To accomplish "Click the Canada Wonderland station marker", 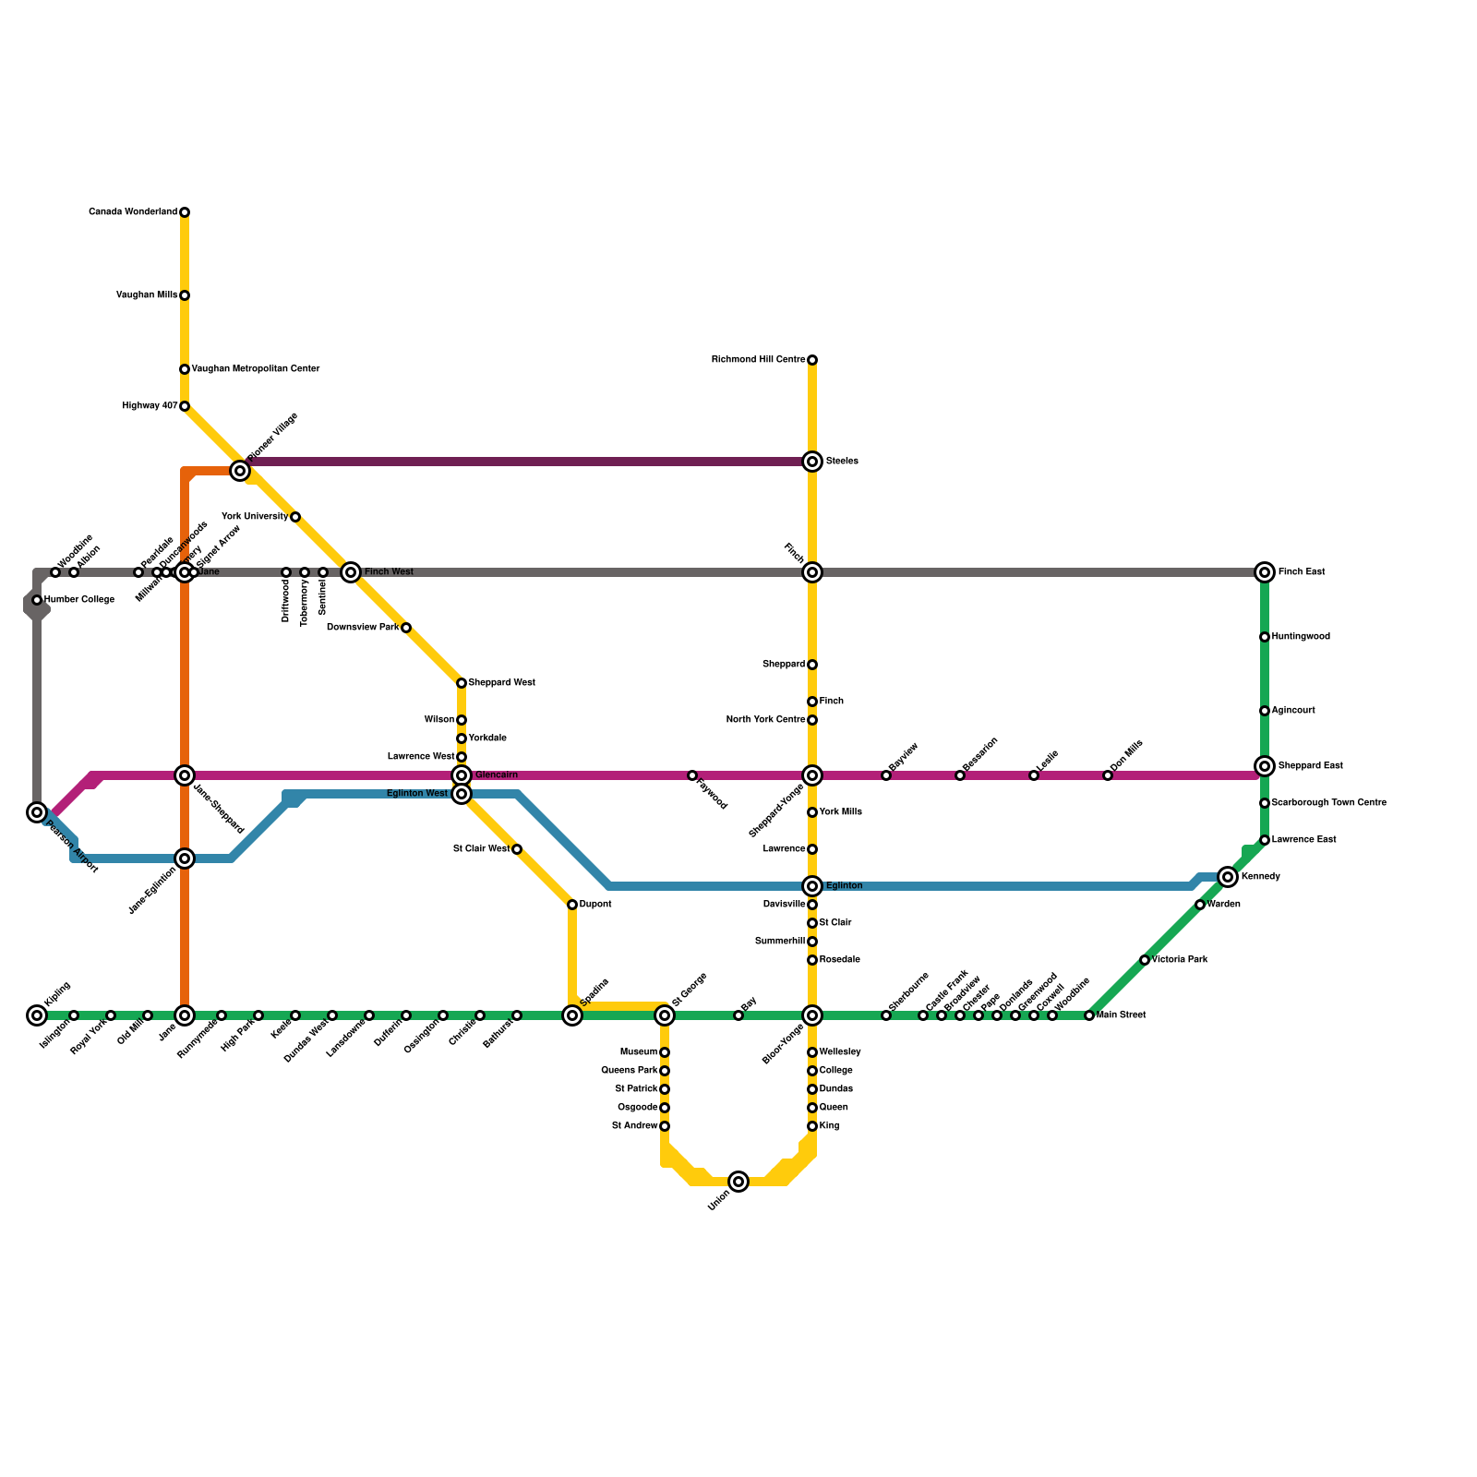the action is (185, 212).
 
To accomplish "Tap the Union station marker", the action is (738, 1182).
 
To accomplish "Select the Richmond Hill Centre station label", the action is (758, 360).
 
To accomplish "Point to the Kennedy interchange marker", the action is (1228, 877).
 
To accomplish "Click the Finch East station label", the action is (1302, 572).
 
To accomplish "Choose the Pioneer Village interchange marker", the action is (240, 471).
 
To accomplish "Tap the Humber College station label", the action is (79, 600).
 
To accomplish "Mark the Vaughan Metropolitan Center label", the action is (256, 369).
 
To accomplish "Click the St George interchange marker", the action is (665, 1015).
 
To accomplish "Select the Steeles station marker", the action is (812, 462).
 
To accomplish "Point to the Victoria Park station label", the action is (1180, 960).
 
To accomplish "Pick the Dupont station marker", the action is (572, 905).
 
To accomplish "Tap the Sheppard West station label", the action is (501, 683).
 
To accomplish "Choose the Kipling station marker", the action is (37, 1015).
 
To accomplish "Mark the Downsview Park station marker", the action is (406, 628).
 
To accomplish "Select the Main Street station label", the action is (1121, 1015).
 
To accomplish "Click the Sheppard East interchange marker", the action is (1265, 766).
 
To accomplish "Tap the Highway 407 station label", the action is (150, 406).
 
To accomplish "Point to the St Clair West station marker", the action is (517, 849).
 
